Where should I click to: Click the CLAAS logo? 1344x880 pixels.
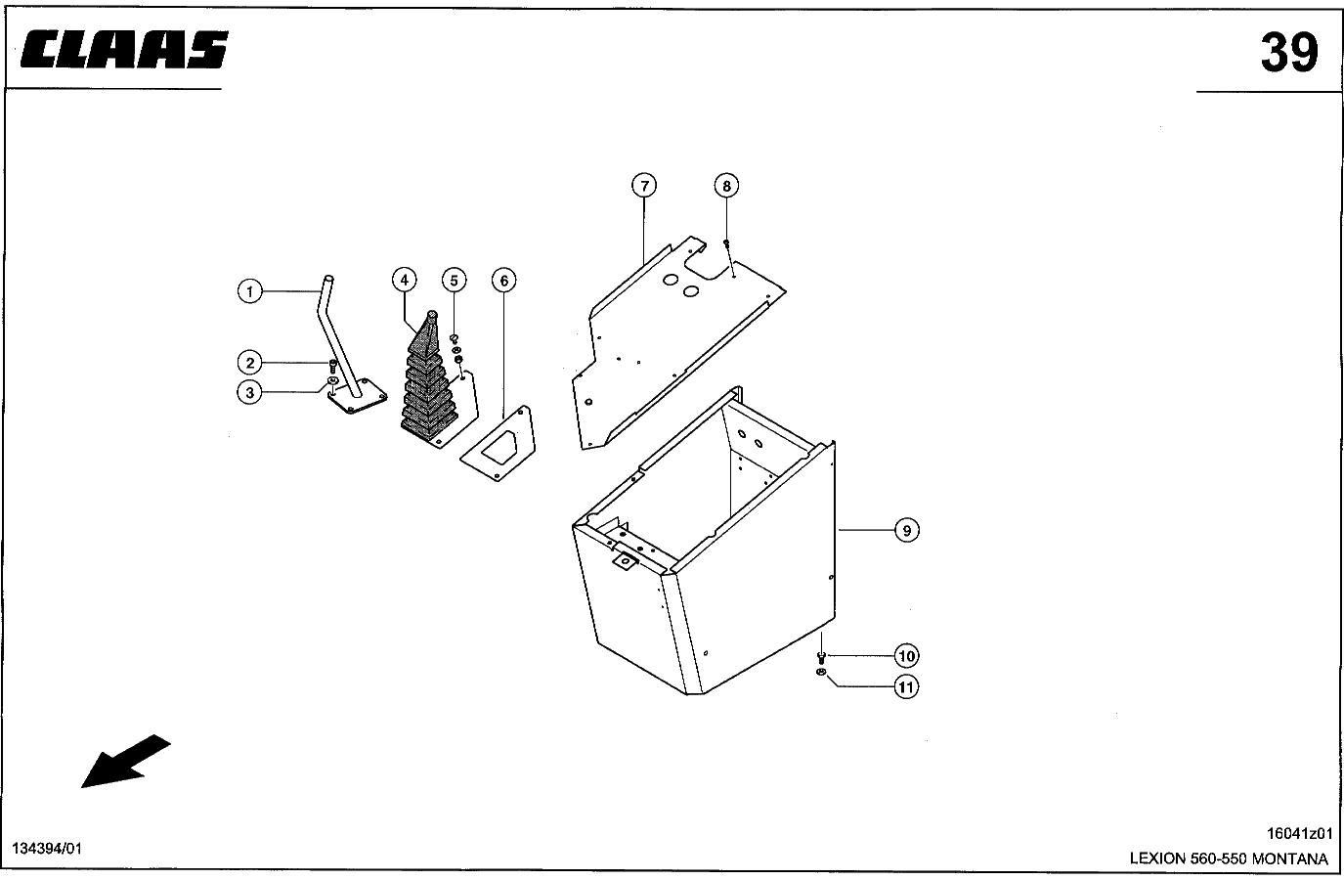pos(124,49)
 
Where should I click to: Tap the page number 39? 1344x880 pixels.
pos(1289,53)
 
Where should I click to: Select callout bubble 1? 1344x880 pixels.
pos(250,291)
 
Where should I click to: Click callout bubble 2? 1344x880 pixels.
pos(250,363)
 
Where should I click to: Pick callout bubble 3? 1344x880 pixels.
pos(249,393)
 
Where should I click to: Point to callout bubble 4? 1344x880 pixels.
pos(405,280)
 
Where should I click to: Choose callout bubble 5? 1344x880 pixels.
pos(455,281)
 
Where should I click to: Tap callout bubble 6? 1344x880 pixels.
pos(504,281)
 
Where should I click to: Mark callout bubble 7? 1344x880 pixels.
pos(644,186)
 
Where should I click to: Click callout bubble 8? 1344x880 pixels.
pos(726,186)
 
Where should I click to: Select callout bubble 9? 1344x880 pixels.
pos(907,530)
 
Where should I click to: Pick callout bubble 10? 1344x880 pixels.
pos(907,655)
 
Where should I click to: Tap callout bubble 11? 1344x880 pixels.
pos(907,686)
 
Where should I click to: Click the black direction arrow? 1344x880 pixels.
pos(126,761)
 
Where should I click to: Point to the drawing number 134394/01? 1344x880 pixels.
pos(47,848)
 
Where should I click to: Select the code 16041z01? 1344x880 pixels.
pos(1300,833)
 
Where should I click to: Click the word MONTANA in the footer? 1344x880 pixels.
pos(1290,858)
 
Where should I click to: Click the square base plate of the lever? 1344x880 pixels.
pos(358,396)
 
